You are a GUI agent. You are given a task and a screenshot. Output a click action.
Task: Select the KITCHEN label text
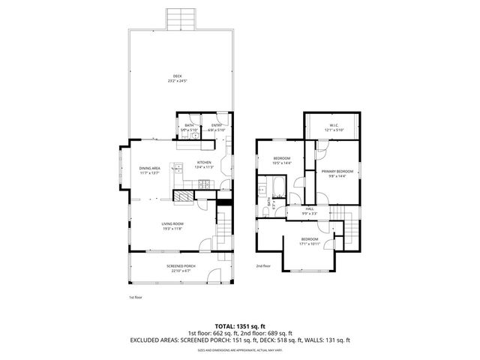(x=204, y=163)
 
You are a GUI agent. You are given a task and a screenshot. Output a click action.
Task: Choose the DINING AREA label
(x=149, y=168)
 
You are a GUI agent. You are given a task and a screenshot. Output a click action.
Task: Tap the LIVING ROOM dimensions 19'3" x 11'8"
(x=172, y=229)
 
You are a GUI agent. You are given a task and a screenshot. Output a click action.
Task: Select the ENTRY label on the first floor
(x=216, y=125)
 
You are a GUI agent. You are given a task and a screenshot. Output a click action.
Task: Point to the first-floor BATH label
(x=189, y=125)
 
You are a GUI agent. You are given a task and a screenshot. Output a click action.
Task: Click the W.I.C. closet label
(x=334, y=125)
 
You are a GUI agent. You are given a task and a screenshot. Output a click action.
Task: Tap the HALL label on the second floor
(x=310, y=208)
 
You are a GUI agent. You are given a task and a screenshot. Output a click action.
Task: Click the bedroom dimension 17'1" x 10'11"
(x=310, y=243)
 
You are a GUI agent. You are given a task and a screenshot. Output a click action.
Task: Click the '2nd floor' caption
(x=262, y=265)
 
